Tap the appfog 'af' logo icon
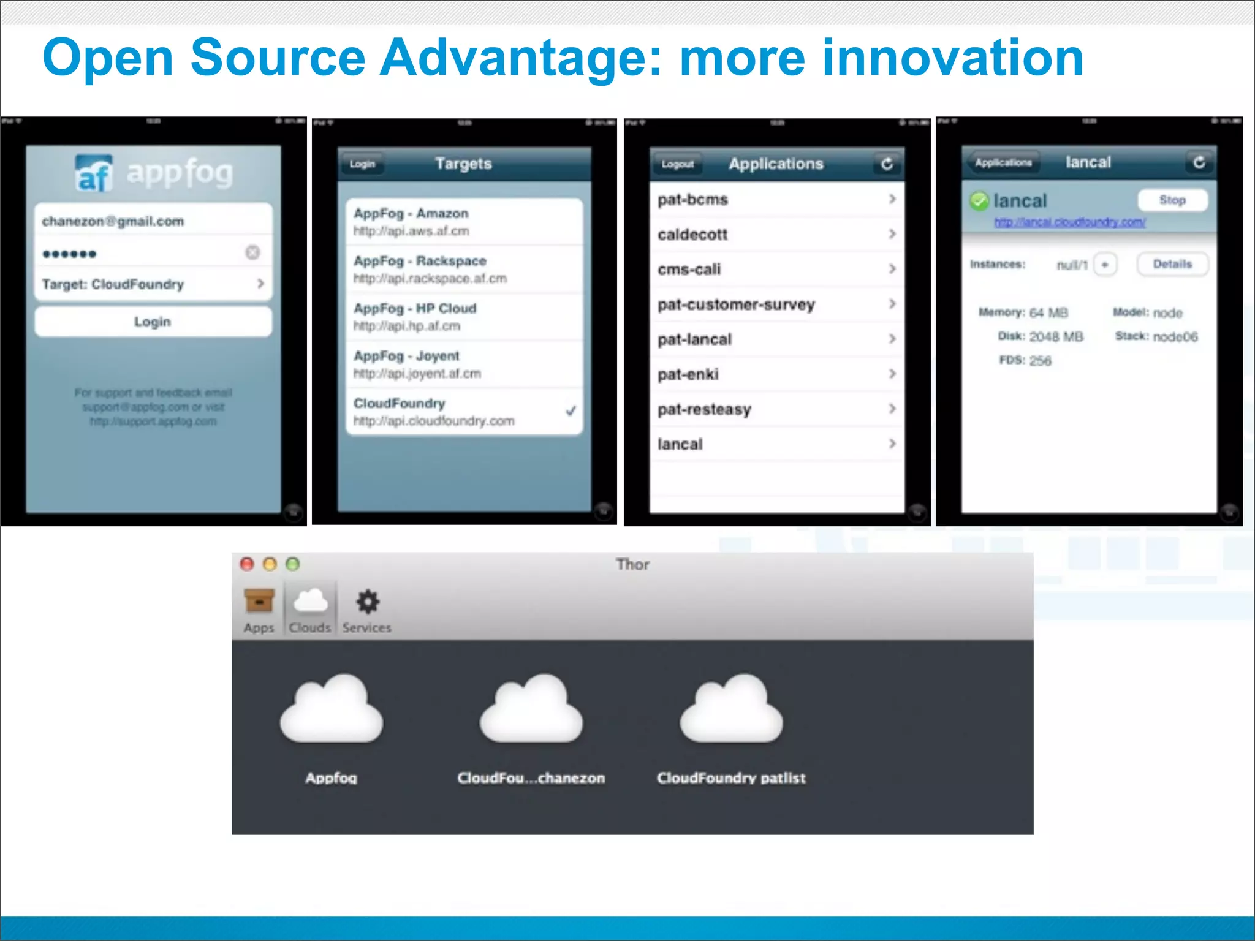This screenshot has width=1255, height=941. pyautogui.click(x=94, y=173)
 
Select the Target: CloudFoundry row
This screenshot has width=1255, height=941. pyautogui.click(x=153, y=284)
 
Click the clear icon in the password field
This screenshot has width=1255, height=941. pyautogui.click(x=252, y=252)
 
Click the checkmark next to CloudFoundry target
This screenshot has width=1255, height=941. pyautogui.click(x=571, y=410)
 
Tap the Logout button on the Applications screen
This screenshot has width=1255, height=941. pyautogui.click(x=678, y=164)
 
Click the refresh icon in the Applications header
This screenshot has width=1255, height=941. pyautogui.click(x=887, y=164)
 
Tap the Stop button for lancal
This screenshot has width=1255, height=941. pyautogui.click(x=1172, y=200)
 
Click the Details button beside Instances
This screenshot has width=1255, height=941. pyautogui.click(x=1172, y=264)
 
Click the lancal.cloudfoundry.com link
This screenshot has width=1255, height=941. pyautogui.click(x=1069, y=222)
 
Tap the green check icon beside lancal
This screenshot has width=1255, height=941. pyautogui.click(x=979, y=201)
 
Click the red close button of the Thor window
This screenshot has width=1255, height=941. pyautogui.click(x=247, y=564)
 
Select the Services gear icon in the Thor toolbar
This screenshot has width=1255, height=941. pyautogui.click(x=368, y=602)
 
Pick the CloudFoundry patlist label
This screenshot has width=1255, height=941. pyautogui.click(x=731, y=778)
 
